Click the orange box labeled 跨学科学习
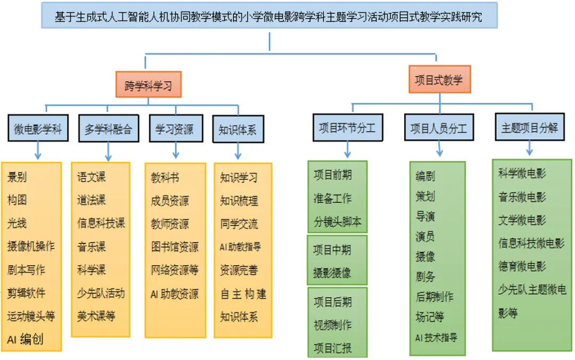(149, 85)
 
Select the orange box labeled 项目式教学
(439, 80)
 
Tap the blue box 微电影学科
(38, 129)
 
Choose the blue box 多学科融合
(108, 129)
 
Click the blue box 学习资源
(174, 129)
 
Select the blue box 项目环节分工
(347, 128)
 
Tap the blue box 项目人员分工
(439, 128)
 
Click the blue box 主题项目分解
(529, 128)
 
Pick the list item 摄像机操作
(31, 246)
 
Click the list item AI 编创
(25, 339)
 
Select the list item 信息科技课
(101, 223)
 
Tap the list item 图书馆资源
(175, 247)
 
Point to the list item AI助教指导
(241, 247)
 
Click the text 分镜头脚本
(338, 222)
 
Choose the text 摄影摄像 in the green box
(332, 272)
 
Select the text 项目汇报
(332, 348)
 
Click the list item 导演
(425, 217)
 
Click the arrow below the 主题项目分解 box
(529, 148)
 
